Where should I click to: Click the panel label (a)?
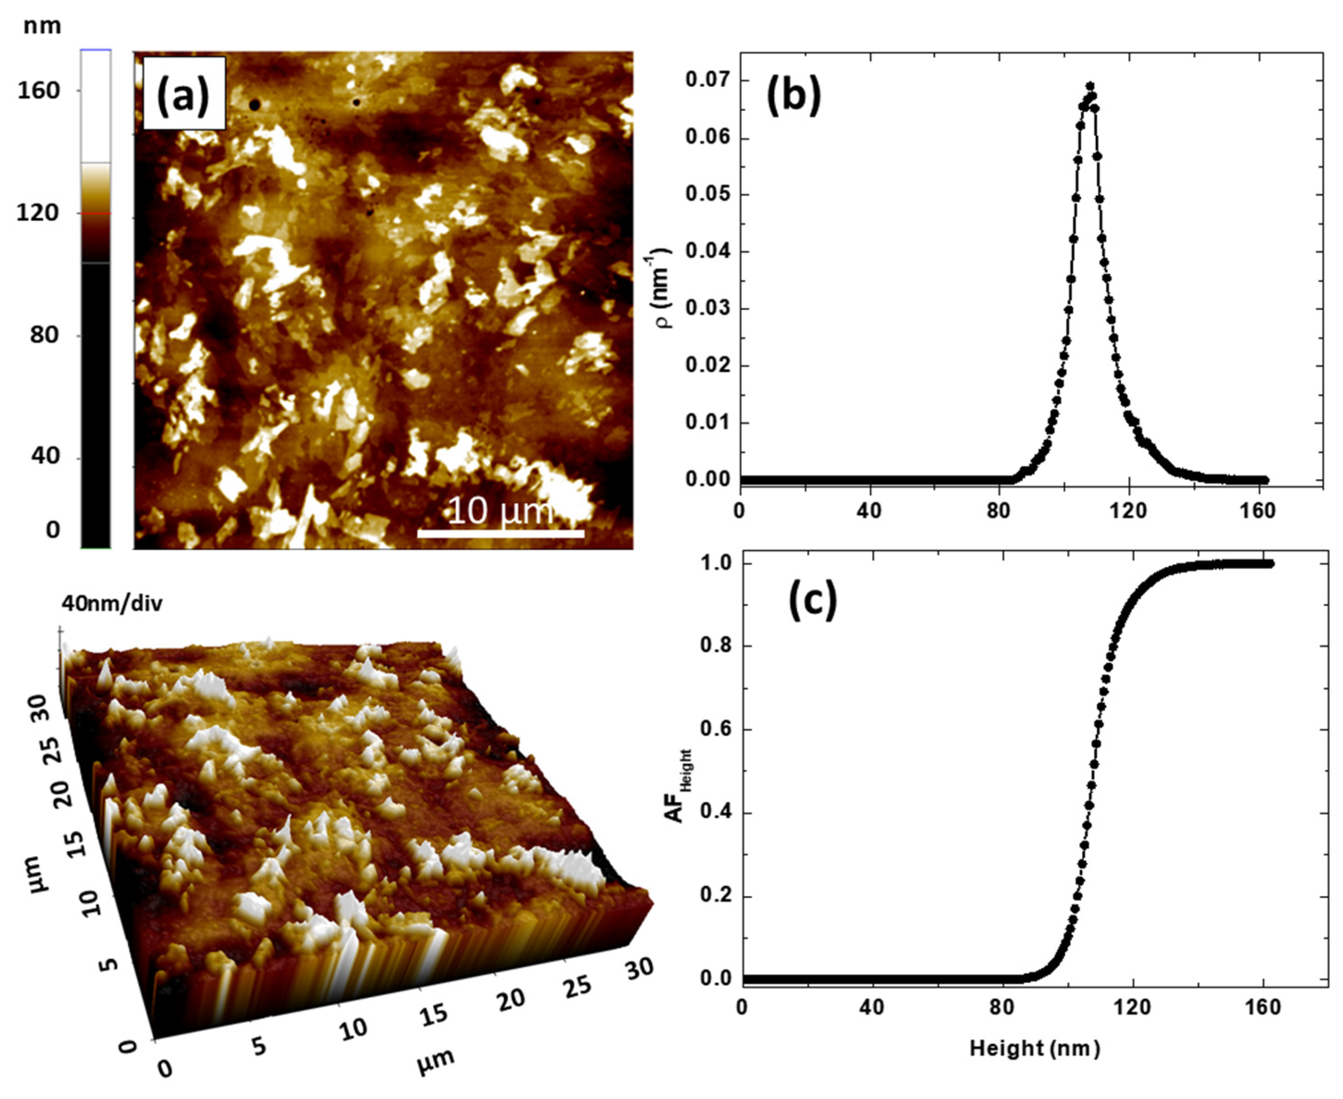point(184,94)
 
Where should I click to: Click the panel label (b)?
point(794,96)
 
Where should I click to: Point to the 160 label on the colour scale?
point(38,90)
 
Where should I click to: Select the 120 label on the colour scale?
point(38,213)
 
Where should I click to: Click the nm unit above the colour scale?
point(42,26)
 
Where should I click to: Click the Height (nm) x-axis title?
point(1034,1049)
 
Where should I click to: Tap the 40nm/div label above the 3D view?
point(112,603)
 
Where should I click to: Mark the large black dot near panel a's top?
point(255,105)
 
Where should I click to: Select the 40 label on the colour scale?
point(44,456)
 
